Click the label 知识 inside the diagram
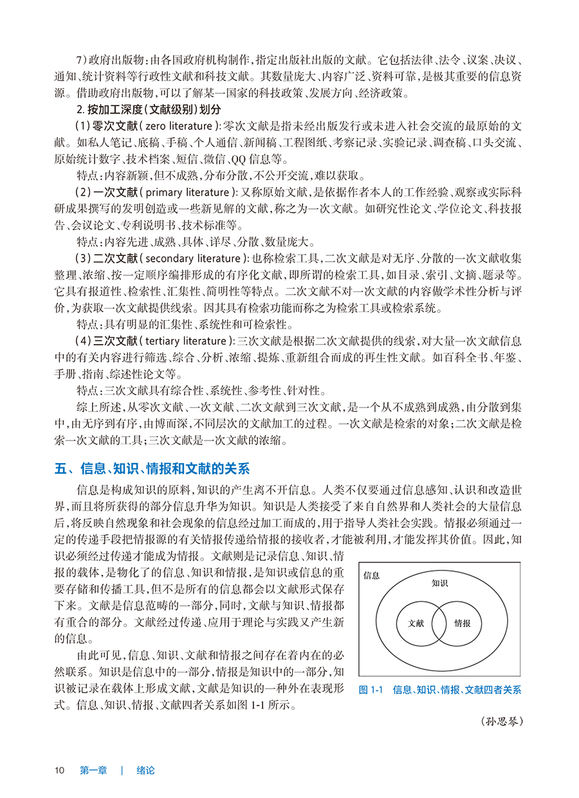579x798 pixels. pos(439,583)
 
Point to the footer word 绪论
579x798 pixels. pos(145,770)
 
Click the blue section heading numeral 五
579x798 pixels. pos(60,467)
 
